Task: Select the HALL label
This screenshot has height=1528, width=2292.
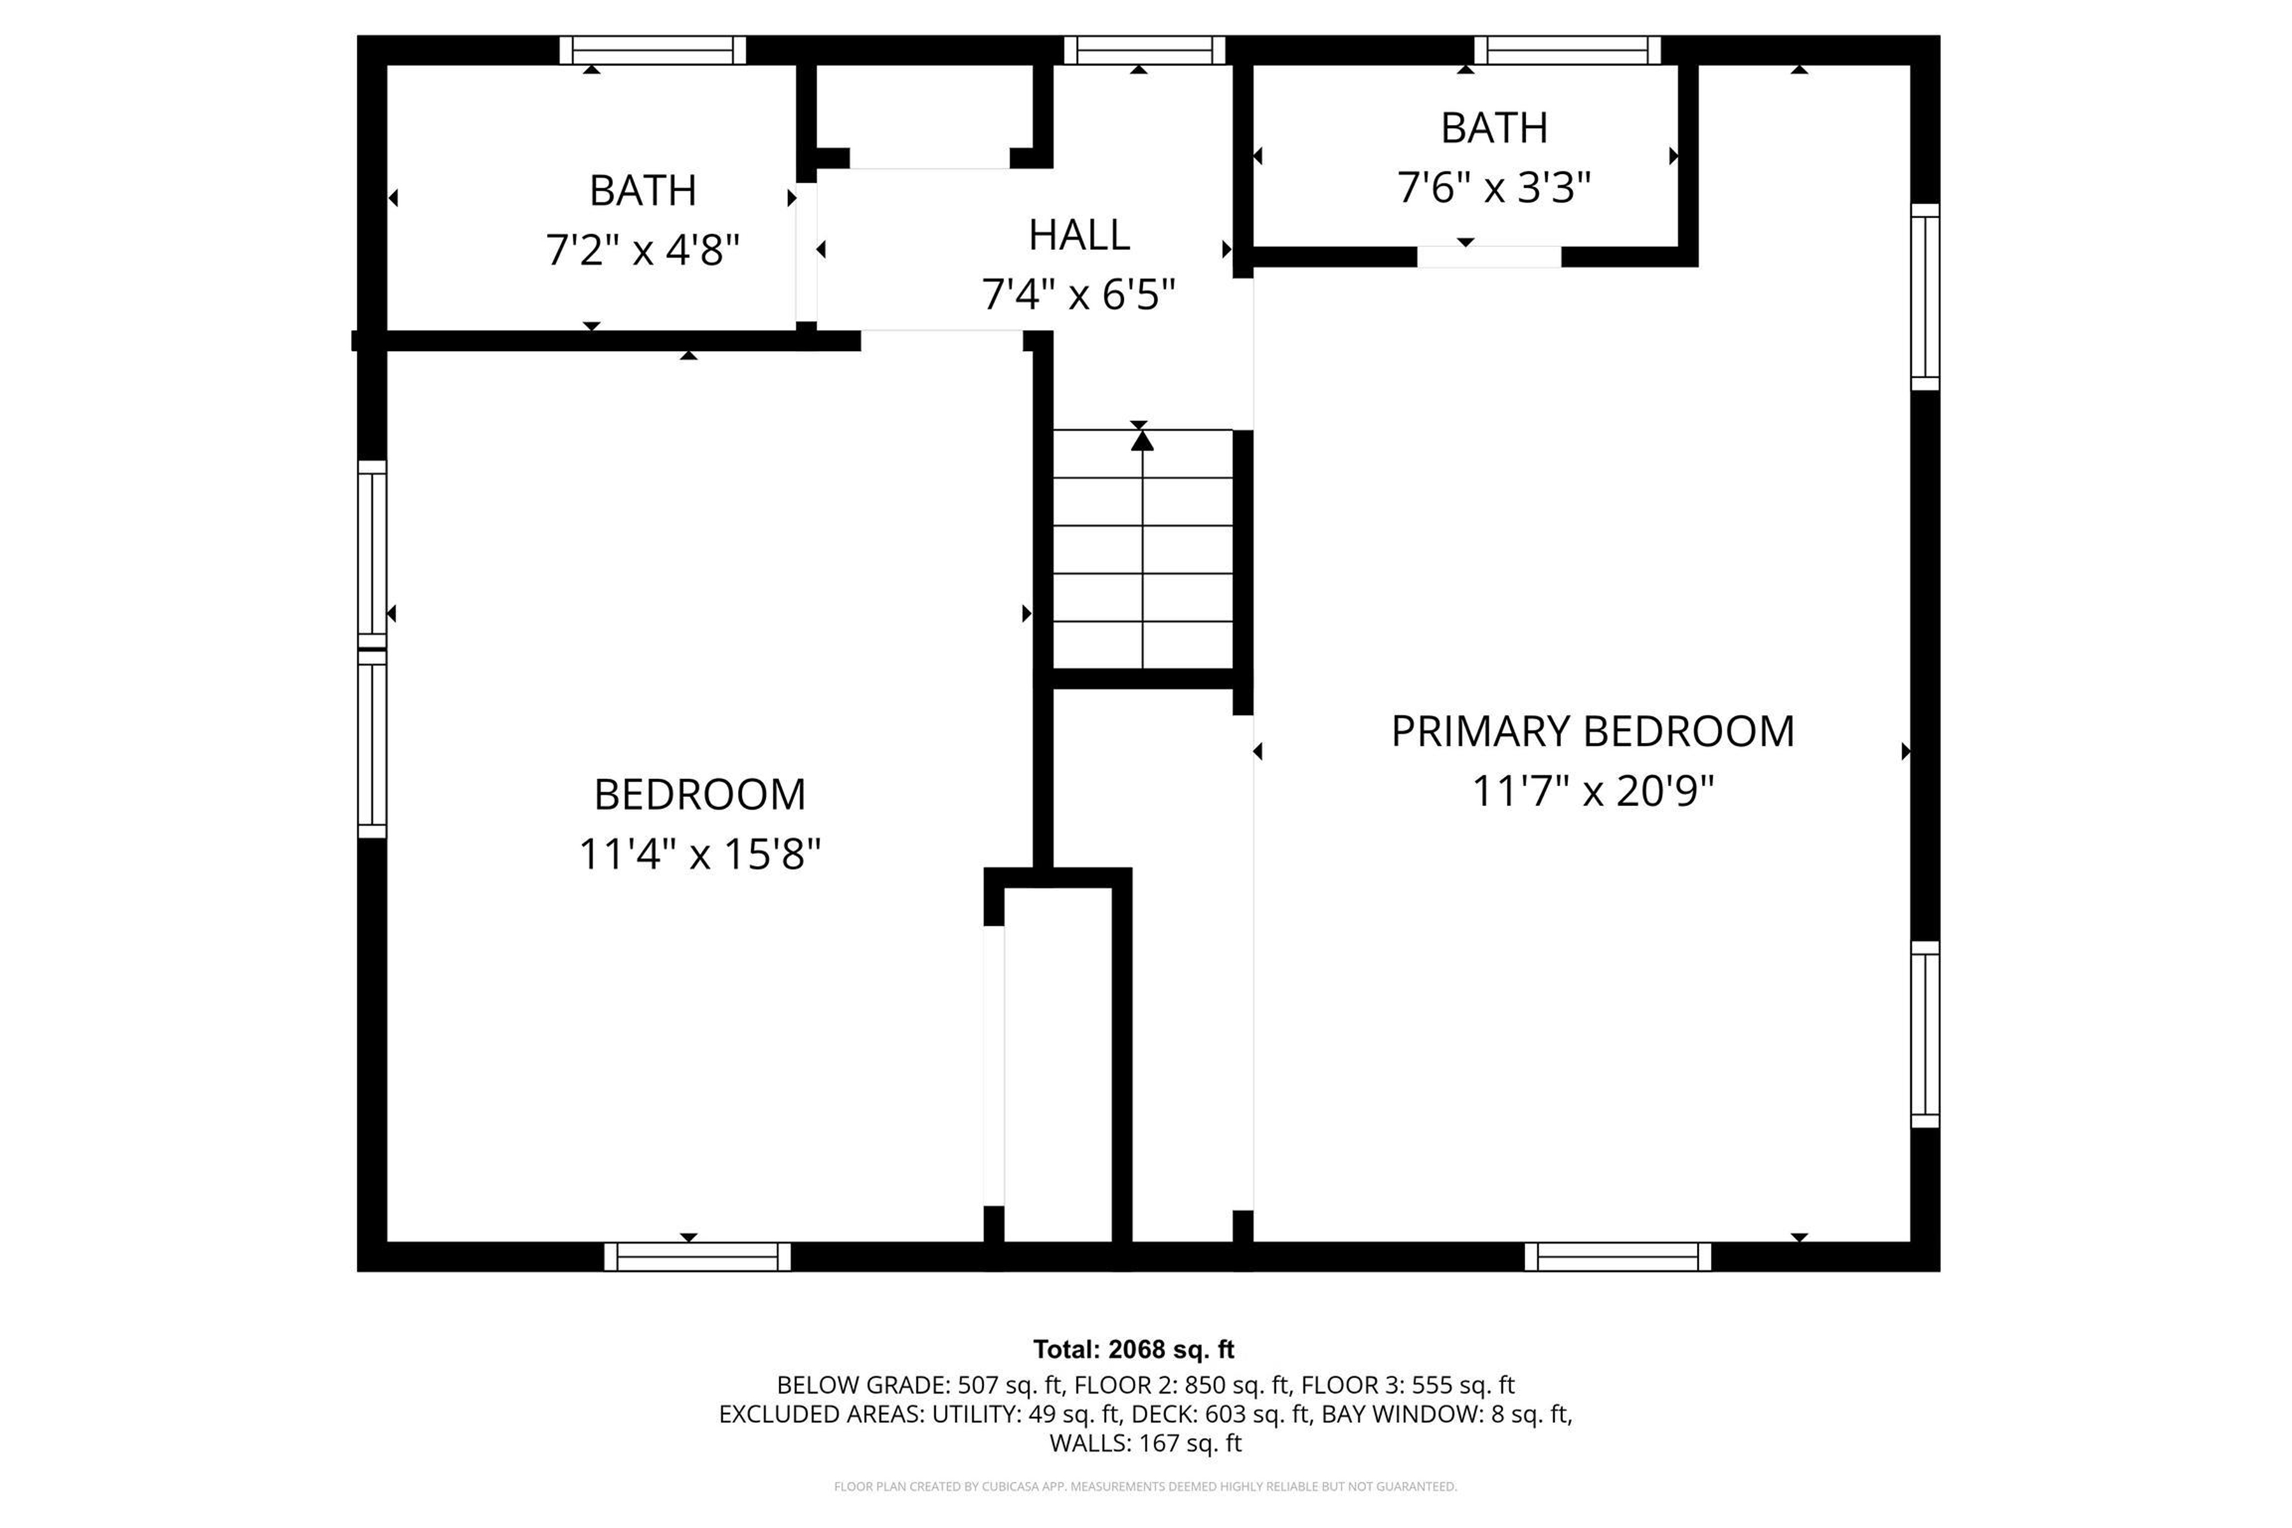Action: pyautogui.click(x=1079, y=235)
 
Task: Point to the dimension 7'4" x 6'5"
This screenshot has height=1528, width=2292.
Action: pyautogui.click(x=1078, y=294)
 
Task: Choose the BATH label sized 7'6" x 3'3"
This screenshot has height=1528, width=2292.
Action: pyautogui.click(x=1493, y=129)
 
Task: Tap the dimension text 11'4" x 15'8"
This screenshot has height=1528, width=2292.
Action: pyautogui.click(x=700, y=854)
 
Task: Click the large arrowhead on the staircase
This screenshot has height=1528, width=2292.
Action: pyautogui.click(x=1142, y=441)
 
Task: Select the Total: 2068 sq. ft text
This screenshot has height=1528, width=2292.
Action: pyautogui.click(x=1133, y=1350)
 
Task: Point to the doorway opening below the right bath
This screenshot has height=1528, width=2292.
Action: pyautogui.click(x=1488, y=257)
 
